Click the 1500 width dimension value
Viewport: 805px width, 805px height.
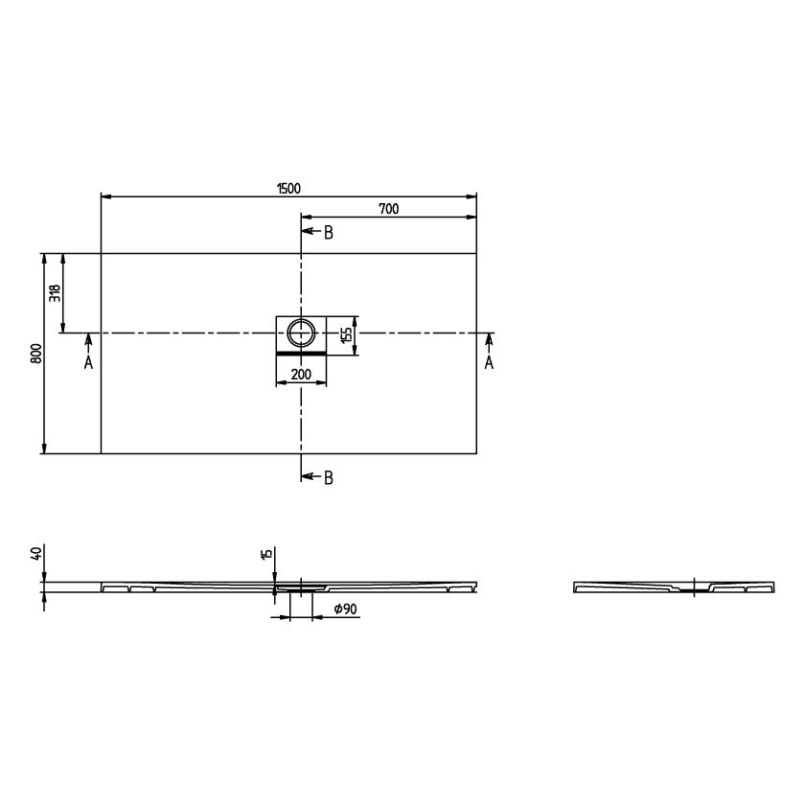(x=288, y=189)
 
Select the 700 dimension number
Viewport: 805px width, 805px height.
(x=389, y=209)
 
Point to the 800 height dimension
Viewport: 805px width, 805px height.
(x=36, y=354)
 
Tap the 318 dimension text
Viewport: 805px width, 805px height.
(x=55, y=293)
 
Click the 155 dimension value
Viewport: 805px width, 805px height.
(x=347, y=334)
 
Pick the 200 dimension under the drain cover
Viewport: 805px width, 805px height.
(x=301, y=375)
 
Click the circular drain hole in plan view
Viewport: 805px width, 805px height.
(x=301, y=333)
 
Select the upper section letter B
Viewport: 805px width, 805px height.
(x=329, y=233)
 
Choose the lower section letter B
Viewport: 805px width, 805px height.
(x=329, y=478)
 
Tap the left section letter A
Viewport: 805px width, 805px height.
(x=88, y=362)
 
